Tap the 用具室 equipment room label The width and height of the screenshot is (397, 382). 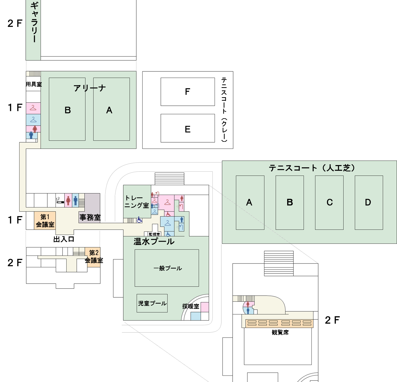click(34, 84)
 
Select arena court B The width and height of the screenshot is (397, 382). click(67, 110)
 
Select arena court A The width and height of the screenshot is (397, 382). click(109, 110)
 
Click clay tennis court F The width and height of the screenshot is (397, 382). click(188, 92)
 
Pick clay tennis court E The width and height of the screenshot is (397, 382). click(188, 129)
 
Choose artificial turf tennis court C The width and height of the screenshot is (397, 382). click(329, 202)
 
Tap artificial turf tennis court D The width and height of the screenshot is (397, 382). click(368, 202)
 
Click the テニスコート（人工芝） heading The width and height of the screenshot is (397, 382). click(312, 168)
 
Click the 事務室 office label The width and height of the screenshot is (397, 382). click(90, 217)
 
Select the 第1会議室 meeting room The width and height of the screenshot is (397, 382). click(45, 221)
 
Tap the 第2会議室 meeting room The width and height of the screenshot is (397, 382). click(94, 257)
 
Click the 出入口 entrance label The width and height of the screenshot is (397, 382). click(64, 239)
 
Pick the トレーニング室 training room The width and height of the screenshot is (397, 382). click(137, 202)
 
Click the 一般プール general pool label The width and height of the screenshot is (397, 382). click(168, 268)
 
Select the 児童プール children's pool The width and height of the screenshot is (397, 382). click(152, 303)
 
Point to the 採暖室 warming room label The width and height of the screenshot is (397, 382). click(191, 306)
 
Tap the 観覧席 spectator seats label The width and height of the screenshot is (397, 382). click(280, 332)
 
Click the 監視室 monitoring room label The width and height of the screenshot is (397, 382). click(154, 234)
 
